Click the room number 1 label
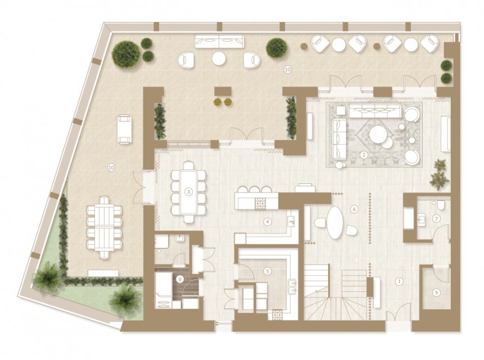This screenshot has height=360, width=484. (x=400, y=281)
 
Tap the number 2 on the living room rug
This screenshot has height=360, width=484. (x=364, y=155)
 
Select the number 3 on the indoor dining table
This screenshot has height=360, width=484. (x=188, y=192)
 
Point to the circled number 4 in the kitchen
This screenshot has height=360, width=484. (x=268, y=222)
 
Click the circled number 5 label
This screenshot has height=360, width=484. (x=268, y=271)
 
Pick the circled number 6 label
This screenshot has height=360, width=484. (x=354, y=209)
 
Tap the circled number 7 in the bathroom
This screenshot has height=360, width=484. (x=436, y=219)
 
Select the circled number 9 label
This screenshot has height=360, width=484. (x=436, y=292)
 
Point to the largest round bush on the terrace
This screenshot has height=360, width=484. (x=126, y=55)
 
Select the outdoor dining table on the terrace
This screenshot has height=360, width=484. (x=104, y=227)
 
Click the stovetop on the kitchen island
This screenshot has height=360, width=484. (x=260, y=204)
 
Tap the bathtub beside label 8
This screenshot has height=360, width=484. (x=163, y=290)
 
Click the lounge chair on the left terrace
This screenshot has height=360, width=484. (x=125, y=129)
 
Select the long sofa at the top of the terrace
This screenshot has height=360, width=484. (x=219, y=41)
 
